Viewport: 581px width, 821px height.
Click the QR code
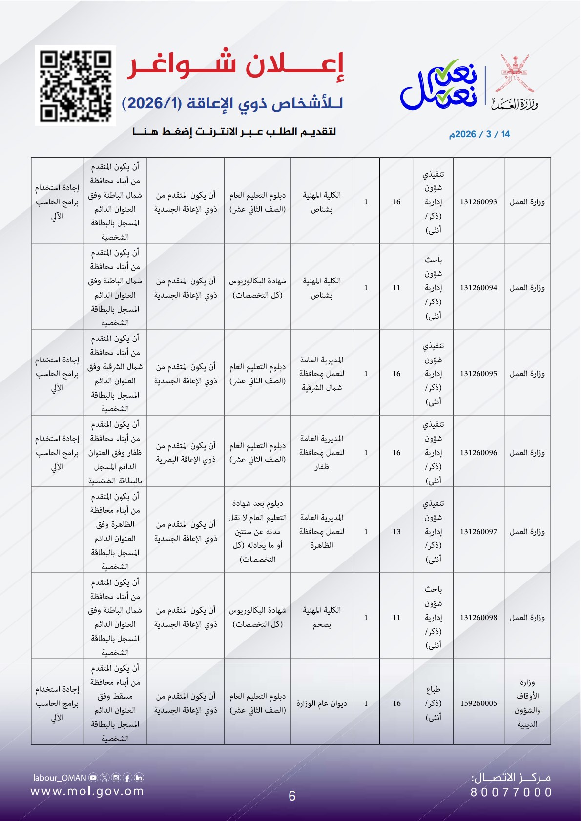tap(76, 86)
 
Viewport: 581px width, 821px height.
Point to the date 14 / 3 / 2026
tap(479, 134)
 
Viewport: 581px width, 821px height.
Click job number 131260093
tap(478, 202)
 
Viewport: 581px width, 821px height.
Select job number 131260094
tap(478, 288)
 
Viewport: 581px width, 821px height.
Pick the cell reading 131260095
tap(478, 374)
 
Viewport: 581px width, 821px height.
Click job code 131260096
tap(478, 453)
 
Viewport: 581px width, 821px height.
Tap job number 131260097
tap(478, 532)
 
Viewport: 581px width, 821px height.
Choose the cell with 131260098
tap(478, 618)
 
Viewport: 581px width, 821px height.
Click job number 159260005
tap(478, 703)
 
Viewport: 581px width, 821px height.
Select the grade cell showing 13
tap(396, 532)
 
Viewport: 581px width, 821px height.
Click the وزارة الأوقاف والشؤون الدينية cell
tap(527, 703)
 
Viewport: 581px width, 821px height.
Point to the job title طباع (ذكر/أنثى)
tap(433, 703)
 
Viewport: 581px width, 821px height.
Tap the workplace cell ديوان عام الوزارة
tap(322, 703)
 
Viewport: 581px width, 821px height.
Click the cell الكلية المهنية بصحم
tap(322, 618)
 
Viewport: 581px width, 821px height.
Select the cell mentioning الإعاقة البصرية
tap(186, 453)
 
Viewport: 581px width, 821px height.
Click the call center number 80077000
tap(511, 793)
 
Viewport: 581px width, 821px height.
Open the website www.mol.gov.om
tap(87, 791)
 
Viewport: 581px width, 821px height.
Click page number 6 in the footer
tap(292, 796)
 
